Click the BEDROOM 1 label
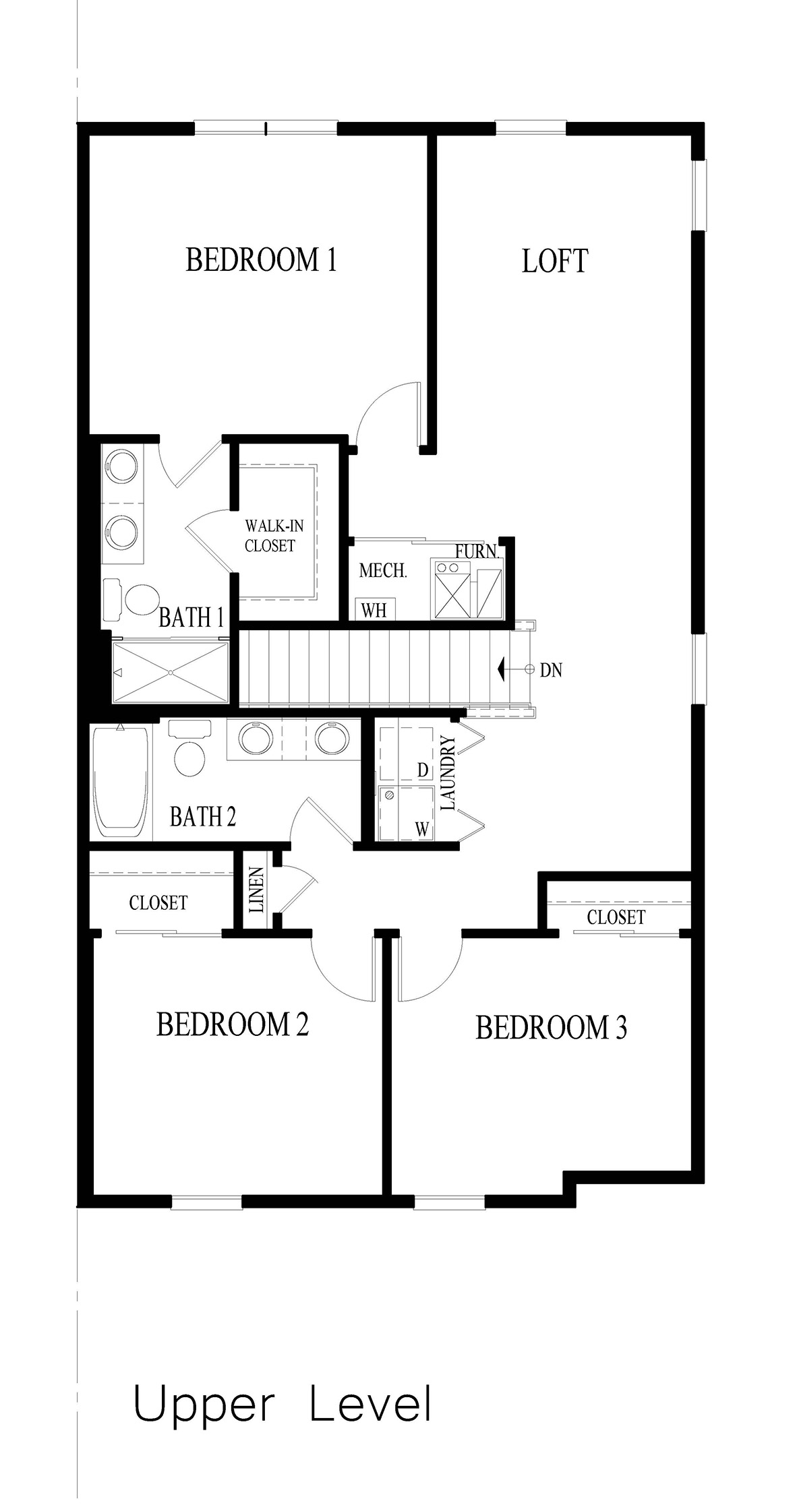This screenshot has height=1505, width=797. click(x=261, y=260)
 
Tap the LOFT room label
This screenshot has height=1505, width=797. click(x=555, y=262)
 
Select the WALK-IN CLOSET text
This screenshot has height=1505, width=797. click(x=270, y=536)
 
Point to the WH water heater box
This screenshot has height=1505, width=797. click(x=374, y=610)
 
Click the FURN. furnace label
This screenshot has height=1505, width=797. click(x=477, y=551)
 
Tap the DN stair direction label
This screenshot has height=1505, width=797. click(x=551, y=671)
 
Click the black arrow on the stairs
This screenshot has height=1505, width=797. click(x=502, y=670)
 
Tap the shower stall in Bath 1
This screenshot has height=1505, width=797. click(x=171, y=672)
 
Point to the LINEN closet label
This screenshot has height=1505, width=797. click(x=257, y=890)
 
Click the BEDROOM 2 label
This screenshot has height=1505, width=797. click(x=232, y=1024)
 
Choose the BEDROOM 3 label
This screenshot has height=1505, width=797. click(x=551, y=1028)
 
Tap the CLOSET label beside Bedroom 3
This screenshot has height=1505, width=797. click(x=616, y=917)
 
